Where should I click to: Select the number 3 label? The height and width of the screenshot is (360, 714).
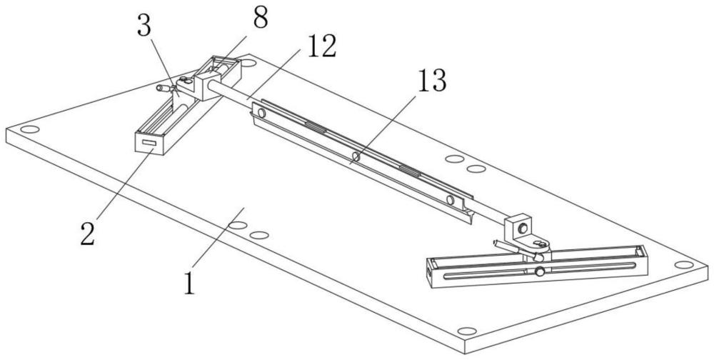pos(144,27)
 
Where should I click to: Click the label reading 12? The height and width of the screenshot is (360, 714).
pos(321,46)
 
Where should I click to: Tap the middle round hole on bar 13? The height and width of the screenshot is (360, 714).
pos(356,156)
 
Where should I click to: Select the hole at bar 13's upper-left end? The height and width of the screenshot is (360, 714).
pos(261,112)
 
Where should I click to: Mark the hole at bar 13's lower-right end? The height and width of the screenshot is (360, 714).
pos(450,199)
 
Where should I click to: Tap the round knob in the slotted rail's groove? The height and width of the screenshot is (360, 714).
pos(540,272)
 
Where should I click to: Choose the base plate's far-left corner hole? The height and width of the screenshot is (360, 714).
pos(29,129)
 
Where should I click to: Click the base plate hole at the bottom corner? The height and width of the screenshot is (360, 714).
pos(466,331)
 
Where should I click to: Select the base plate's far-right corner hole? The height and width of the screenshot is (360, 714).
pos(683,265)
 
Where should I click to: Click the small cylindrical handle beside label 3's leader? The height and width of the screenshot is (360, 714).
pos(163,88)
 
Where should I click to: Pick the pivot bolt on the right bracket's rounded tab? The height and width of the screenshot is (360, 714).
pos(542,244)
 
